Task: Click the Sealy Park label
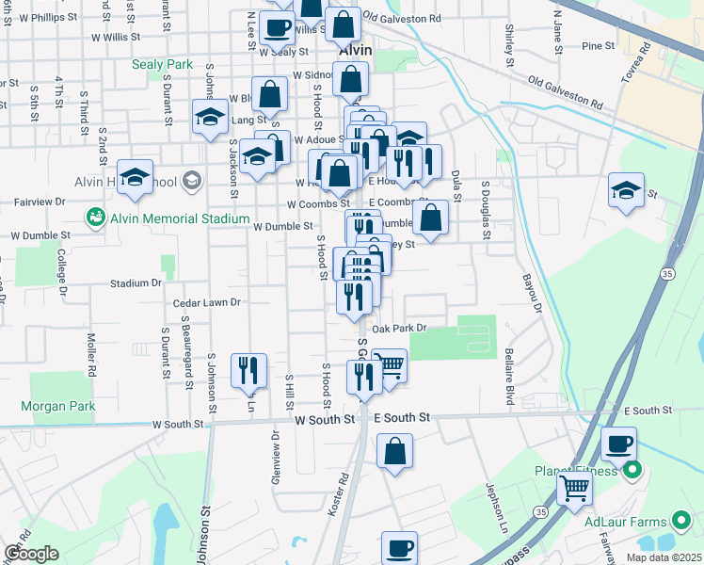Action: coord(165,65)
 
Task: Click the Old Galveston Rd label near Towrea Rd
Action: coord(566,91)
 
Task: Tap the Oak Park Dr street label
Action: coord(400,329)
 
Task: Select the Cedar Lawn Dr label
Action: coord(208,303)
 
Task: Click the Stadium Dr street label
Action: coord(136,282)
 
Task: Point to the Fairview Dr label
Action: coord(39,202)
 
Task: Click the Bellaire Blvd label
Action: coord(510,381)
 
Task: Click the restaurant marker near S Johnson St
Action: coord(248,368)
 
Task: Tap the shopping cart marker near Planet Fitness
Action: coord(575,488)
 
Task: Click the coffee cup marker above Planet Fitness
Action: coord(618,443)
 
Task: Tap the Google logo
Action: coord(31,554)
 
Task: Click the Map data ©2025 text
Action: coord(664,557)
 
